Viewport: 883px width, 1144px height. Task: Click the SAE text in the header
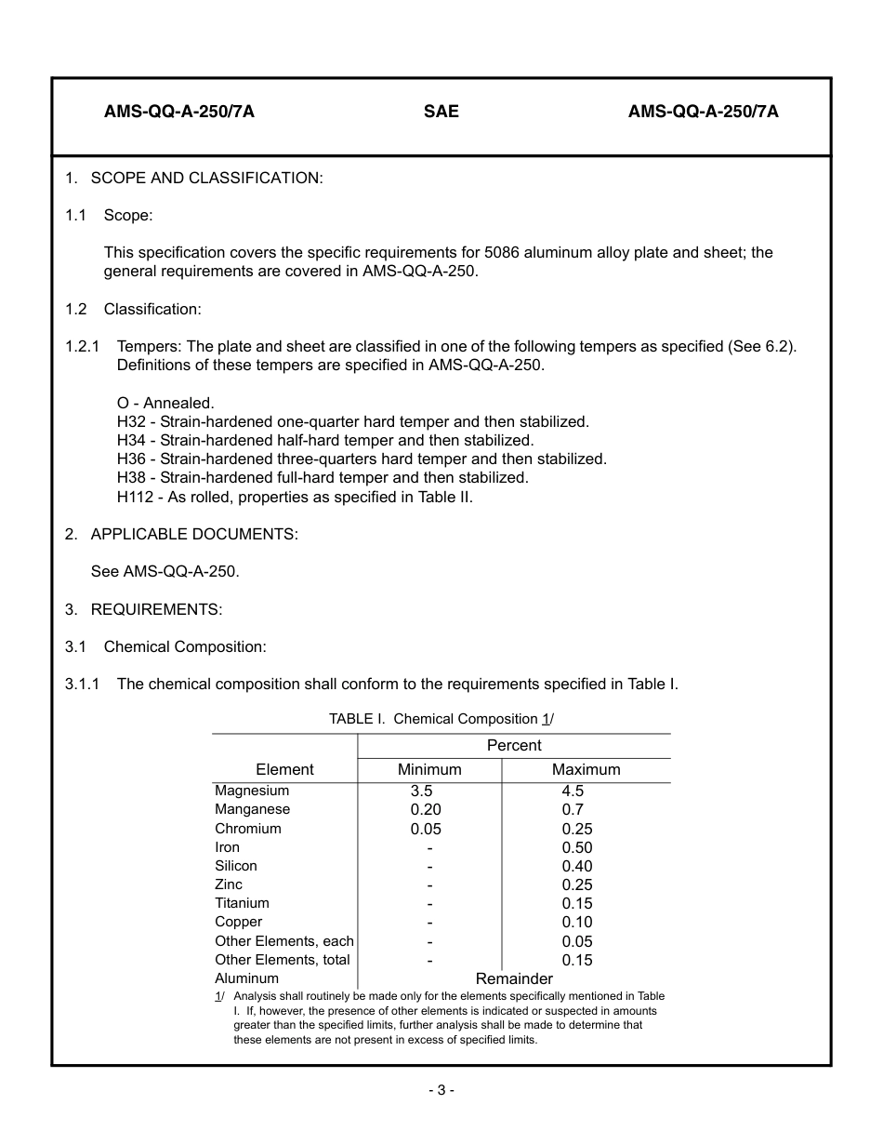[x=441, y=113]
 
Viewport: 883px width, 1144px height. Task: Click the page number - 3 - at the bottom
[x=441, y=1091]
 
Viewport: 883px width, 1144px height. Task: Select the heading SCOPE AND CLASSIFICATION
[x=206, y=178]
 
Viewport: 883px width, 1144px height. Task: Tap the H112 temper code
[x=135, y=497]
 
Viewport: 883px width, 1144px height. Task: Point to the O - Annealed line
[x=165, y=404]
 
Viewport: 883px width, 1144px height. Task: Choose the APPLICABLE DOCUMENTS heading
[x=194, y=534]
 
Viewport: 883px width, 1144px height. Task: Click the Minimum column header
[x=429, y=770]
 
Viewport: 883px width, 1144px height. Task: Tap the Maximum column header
[x=586, y=770]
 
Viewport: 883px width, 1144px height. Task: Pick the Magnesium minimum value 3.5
[x=421, y=791]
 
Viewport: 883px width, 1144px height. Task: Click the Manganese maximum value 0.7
[x=573, y=810]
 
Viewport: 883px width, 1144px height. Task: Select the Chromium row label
[x=247, y=829]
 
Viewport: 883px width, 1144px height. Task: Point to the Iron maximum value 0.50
[x=576, y=847]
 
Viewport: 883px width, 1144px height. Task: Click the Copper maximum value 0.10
[x=576, y=923]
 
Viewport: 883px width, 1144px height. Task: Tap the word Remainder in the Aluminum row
[x=514, y=978]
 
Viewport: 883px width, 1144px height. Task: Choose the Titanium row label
[x=242, y=903]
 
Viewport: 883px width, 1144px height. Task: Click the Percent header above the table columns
[x=514, y=746]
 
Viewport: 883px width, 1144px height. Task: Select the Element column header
[x=284, y=770]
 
